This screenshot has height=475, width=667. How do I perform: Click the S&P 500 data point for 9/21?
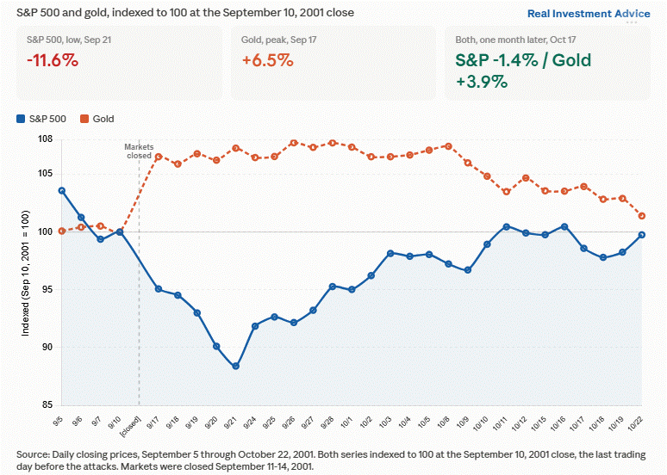pos(235,366)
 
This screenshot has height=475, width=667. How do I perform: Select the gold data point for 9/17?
pos(159,157)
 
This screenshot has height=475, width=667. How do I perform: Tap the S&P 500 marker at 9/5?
pos(62,191)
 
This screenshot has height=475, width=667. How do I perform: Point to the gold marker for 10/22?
pos(642,216)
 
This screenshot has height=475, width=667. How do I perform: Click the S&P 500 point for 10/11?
pos(506,227)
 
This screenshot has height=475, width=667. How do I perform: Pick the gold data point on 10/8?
pos(448,146)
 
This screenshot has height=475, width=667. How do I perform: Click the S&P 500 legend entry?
pos(41,119)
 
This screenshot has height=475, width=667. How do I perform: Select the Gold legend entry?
pos(97,119)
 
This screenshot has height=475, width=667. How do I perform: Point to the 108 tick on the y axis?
pos(45,139)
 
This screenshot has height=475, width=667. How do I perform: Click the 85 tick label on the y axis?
pos(47,405)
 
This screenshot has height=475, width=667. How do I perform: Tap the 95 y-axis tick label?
pos(47,289)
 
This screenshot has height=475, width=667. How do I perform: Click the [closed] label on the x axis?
pos(131,426)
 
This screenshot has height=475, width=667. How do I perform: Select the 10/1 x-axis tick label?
pos(346,423)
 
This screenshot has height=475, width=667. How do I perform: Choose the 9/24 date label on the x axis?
pos(250,423)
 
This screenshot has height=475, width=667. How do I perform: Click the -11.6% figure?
pos(53,60)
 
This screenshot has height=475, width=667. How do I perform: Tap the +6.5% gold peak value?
pos(267,60)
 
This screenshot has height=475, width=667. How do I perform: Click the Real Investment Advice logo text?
pos(589,14)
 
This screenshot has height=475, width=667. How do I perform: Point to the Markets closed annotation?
pos(139,151)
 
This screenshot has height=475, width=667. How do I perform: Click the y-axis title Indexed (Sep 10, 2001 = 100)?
pos(26,273)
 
